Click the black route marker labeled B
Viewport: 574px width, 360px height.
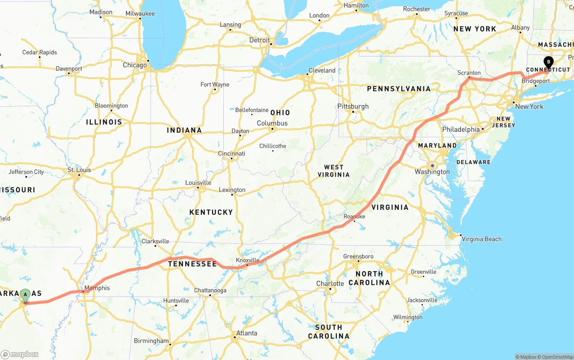pyautogui.click(x=548, y=62)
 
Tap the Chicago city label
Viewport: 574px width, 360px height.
pyautogui.click(x=135, y=65)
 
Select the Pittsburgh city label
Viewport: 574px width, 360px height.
pyautogui.click(x=353, y=106)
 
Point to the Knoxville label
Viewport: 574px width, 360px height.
pyautogui.click(x=248, y=260)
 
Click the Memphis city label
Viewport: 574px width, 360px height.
pyautogui.click(x=97, y=288)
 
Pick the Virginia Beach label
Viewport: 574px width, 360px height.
pyautogui.click(x=481, y=239)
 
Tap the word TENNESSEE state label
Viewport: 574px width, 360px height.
pyautogui.click(x=192, y=264)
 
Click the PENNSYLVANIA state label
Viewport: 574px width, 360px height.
pyautogui.click(x=399, y=89)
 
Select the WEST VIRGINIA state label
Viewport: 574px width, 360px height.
pyautogui.click(x=334, y=171)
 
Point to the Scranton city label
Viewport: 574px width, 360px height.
pyautogui.click(x=469, y=73)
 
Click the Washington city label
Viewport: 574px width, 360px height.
pyautogui.click(x=432, y=172)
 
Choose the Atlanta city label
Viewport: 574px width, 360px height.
pyautogui.click(x=247, y=333)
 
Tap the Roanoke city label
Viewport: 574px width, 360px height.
pyautogui.click(x=354, y=217)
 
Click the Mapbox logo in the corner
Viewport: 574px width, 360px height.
pyautogui.click(x=20, y=354)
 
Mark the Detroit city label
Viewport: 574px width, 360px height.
pyautogui.click(x=260, y=40)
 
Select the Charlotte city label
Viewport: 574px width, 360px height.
pyautogui.click(x=330, y=283)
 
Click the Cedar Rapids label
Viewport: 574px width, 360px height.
pyautogui.click(x=39, y=52)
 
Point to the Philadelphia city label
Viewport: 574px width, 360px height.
pyautogui.click(x=461, y=129)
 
